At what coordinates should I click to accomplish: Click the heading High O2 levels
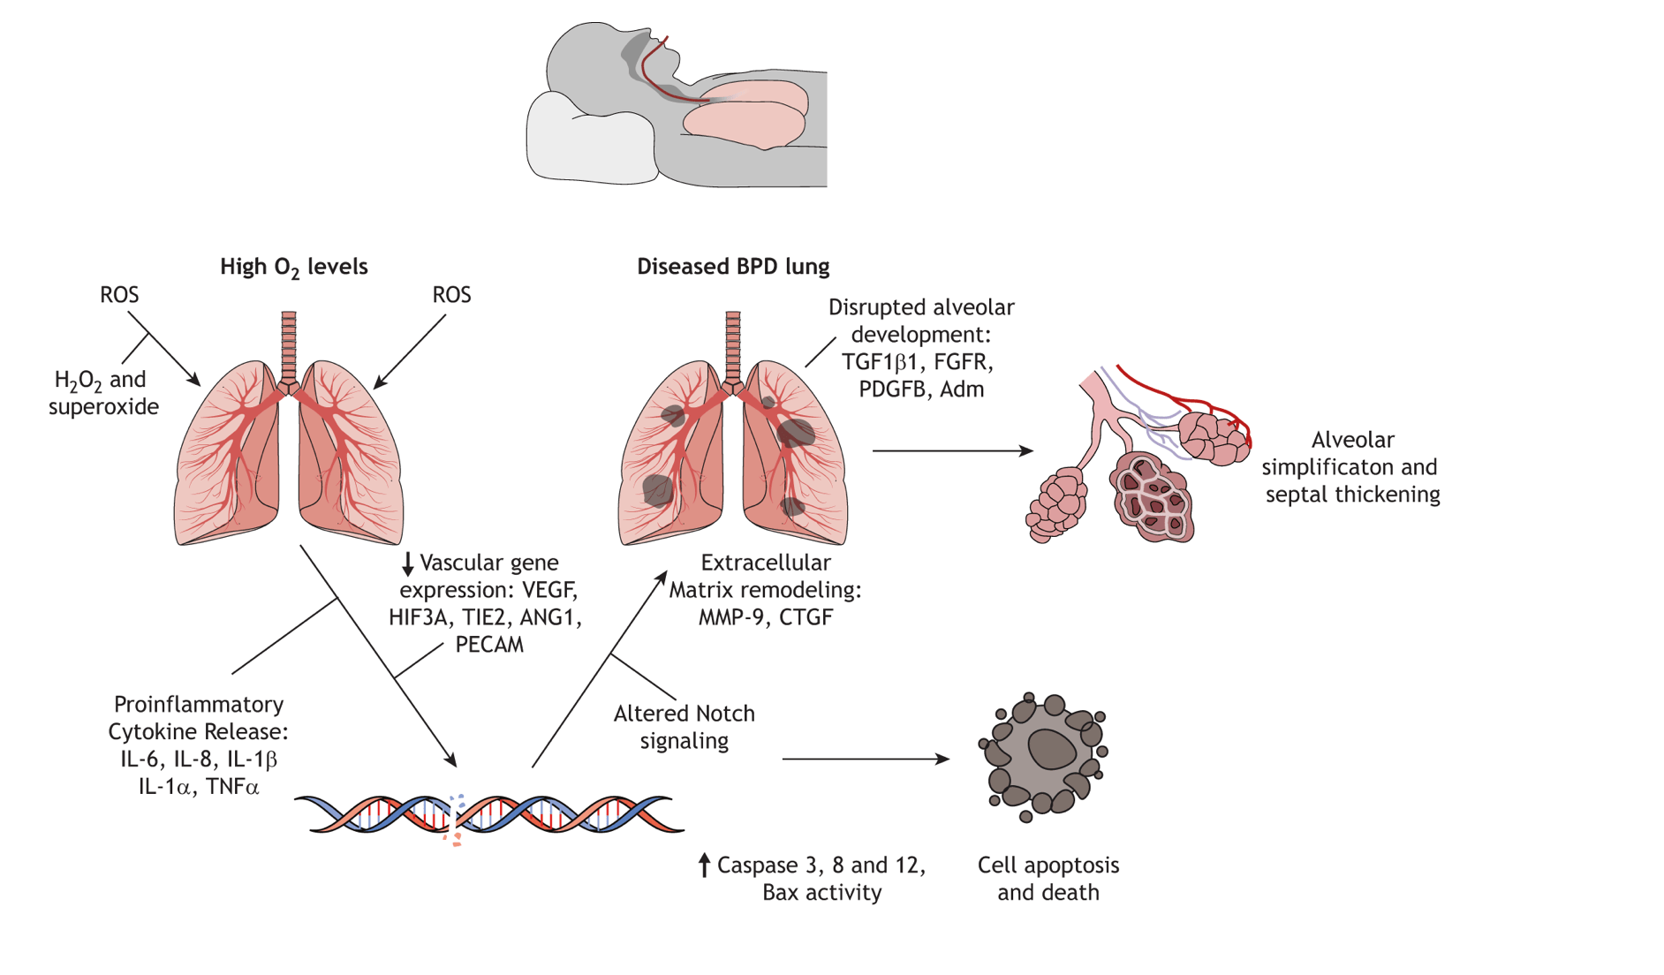[x=293, y=267]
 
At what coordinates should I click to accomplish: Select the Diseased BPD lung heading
[x=733, y=267]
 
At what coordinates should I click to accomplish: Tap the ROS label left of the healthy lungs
[x=119, y=295]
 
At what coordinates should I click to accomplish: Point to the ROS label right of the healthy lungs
[x=451, y=295]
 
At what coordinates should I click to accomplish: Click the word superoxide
[x=103, y=407]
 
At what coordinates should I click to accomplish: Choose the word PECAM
[x=489, y=645]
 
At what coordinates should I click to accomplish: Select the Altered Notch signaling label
[x=684, y=727]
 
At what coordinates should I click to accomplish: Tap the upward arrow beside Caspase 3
[x=704, y=865]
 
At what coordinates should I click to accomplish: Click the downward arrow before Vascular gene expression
[x=408, y=563]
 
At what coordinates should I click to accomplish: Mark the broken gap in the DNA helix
[x=456, y=817]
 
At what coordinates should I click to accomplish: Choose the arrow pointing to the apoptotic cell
[x=866, y=759]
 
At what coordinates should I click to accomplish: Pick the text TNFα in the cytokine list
[x=232, y=787]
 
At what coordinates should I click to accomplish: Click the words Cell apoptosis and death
[x=1048, y=879]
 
